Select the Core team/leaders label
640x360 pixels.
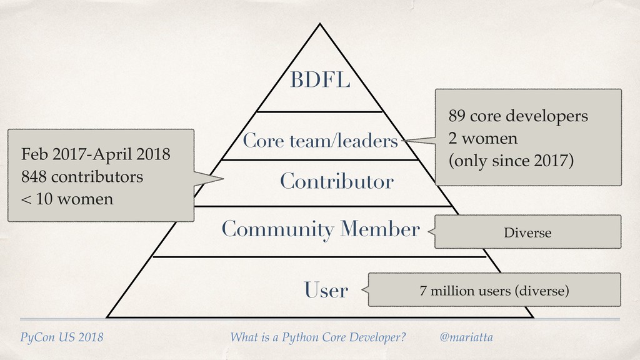tap(320, 141)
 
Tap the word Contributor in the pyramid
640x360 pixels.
tap(336, 182)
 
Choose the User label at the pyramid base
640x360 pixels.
tap(326, 290)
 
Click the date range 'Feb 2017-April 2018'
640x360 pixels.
tap(95, 154)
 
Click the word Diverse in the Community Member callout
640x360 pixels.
tap(527, 233)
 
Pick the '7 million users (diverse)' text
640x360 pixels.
tap(494, 291)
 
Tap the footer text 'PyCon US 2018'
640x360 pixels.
tap(62, 337)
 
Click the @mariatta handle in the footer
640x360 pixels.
tap(466, 337)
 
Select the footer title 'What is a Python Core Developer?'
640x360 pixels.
tap(317, 337)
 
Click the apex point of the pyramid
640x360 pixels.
tap(320, 24)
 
